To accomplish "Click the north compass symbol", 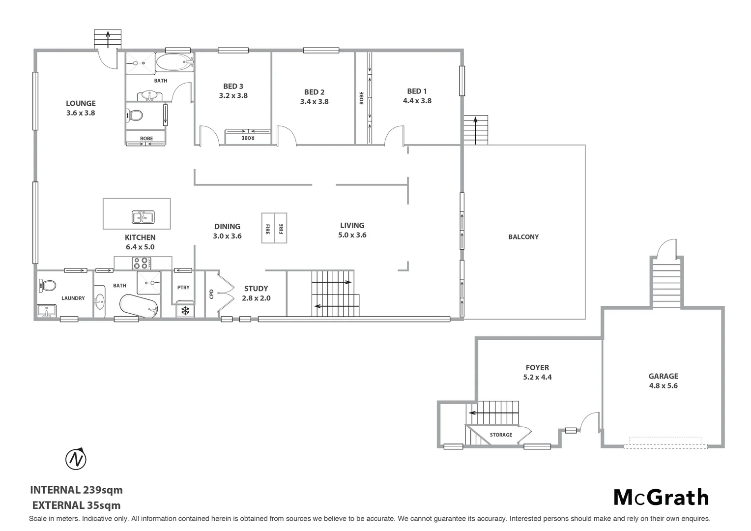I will [76, 459].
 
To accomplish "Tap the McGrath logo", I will [661, 498].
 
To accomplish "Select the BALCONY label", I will [523, 237].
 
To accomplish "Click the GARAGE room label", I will [663, 376].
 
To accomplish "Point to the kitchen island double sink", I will [143, 217].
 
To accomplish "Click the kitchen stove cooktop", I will [143, 263].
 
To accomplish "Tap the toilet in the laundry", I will [48, 285].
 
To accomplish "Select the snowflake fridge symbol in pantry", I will [185, 311].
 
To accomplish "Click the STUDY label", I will [256, 289].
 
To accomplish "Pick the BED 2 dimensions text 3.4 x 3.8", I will [314, 102].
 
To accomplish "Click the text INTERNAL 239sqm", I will [76, 490].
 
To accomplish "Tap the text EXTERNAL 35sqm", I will [76, 505].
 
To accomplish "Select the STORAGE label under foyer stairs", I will [501, 435].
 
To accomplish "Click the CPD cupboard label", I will [211, 294].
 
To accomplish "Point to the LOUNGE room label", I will [81, 103].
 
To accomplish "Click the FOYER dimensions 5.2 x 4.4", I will [537, 378].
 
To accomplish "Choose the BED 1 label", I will [417, 91].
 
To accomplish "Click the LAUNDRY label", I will [73, 298].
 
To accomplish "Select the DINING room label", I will [227, 227].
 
